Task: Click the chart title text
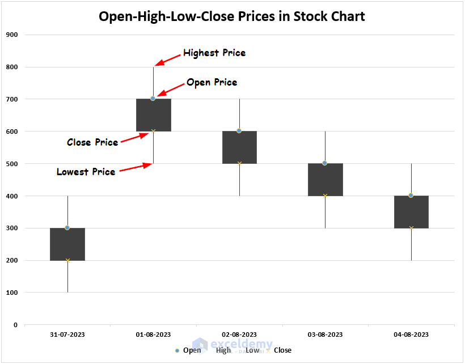coord(232,16)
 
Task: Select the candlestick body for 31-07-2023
coord(67,244)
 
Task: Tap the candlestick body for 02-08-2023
coord(239,147)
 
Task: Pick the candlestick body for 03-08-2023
coord(325,180)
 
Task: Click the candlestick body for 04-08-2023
coord(411,212)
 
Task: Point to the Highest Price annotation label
coord(214,53)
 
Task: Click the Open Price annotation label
coord(212,83)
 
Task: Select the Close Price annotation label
coord(92,142)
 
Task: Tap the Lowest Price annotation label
coord(86,172)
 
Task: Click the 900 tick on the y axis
coord(12,35)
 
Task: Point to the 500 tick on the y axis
coord(12,164)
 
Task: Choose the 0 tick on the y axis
coord(15,325)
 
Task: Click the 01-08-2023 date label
coord(153,335)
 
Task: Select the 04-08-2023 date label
coord(411,335)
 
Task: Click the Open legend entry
coord(188,350)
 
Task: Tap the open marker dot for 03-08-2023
coord(325,163)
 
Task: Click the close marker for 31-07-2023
coord(67,260)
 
